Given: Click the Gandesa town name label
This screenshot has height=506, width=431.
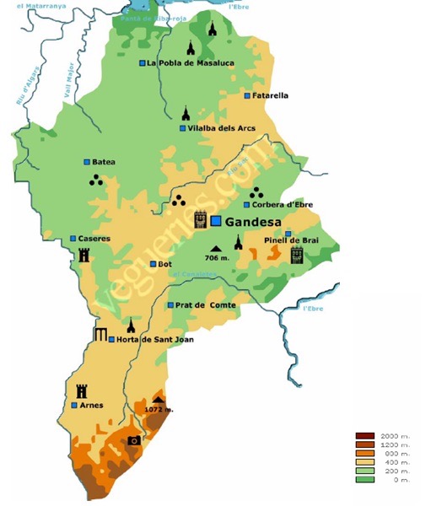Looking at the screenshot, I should pos(253,221).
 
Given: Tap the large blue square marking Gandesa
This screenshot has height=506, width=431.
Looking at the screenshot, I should pos(216,221).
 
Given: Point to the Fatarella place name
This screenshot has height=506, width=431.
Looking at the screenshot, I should pos(270,95).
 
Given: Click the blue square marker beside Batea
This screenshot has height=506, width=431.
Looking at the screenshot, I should pos(86,162).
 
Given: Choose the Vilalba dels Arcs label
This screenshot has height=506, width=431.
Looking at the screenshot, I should pos(222,128).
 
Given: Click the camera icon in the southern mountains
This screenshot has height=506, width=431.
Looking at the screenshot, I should pos(133,440).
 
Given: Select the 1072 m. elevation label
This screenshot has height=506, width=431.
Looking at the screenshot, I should pos(159,410).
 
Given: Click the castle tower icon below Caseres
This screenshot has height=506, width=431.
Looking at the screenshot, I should pos(84,256).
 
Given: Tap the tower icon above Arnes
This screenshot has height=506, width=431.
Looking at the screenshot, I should pos(82,390).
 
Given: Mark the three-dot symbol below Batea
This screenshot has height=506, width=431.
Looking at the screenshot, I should pos(95,180).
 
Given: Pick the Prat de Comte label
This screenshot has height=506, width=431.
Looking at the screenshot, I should pos(206,305).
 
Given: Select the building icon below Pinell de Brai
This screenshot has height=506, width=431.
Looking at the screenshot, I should pos(296,256).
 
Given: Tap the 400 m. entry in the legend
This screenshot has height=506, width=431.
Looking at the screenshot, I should pos(395,462).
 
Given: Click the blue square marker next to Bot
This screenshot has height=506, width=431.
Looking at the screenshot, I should pos(153,264).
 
